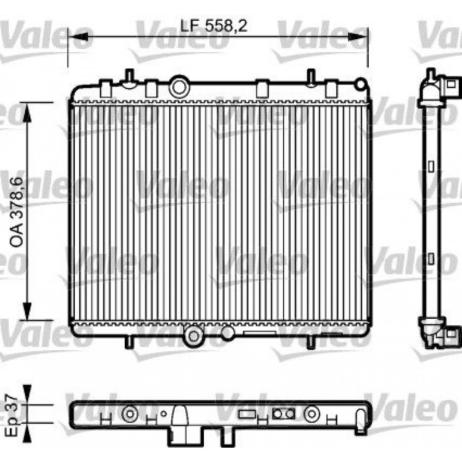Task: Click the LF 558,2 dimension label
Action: pos(213,26)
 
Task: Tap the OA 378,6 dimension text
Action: pos(17,212)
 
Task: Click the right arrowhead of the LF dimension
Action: pos(358,36)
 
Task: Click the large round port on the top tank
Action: pos(179,87)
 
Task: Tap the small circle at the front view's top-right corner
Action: pos(360,84)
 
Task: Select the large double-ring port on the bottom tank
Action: pos(194,335)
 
